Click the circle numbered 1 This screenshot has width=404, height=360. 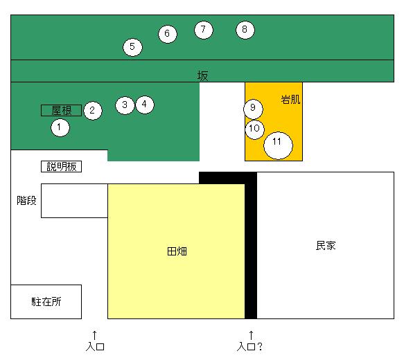click(60, 127)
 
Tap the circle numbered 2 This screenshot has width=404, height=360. click(93, 111)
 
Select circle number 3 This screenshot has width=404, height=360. click(125, 105)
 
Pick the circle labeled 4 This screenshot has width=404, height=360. click(145, 105)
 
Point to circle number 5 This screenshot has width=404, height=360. click(132, 47)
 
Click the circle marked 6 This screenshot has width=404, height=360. click(168, 34)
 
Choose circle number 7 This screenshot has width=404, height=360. click(204, 30)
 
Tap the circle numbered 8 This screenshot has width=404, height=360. click(245, 30)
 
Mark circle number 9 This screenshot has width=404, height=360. click(253, 109)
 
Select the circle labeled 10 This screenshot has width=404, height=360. click(255, 129)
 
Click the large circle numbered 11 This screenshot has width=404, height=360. click(278, 145)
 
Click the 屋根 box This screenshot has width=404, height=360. click(61, 110)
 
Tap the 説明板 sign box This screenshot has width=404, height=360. click(61, 166)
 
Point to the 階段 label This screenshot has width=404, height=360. click(26, 201)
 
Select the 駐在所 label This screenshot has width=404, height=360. click(46, 302)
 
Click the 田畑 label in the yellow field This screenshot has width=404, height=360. click(177, 251)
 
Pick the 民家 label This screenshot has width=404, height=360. click(326, 246)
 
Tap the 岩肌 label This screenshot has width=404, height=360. click(290, 100)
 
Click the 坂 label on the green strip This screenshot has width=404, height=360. click(202, 76)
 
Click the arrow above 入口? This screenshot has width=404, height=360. click(252, 336)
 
